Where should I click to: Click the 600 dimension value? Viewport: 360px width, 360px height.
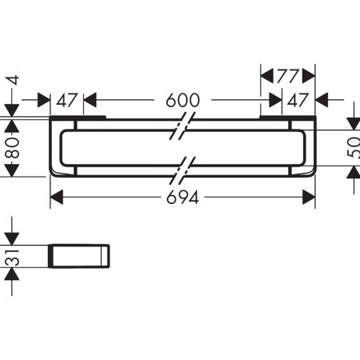click(182, 100)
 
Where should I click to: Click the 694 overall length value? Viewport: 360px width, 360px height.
click(182, 198)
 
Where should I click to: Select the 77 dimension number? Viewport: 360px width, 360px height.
click(287, 76)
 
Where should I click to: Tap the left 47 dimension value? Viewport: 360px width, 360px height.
click(66, 100)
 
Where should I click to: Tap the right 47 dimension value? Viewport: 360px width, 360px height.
click(298, 100)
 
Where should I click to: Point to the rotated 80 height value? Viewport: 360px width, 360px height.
click(13, 148)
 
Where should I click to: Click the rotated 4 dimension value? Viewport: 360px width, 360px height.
click(13, 80)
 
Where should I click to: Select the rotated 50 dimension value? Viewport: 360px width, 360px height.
click(354, 148)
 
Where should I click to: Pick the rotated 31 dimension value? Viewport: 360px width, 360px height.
click(13, 257)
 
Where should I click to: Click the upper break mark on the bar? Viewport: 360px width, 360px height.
click(183, 126)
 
